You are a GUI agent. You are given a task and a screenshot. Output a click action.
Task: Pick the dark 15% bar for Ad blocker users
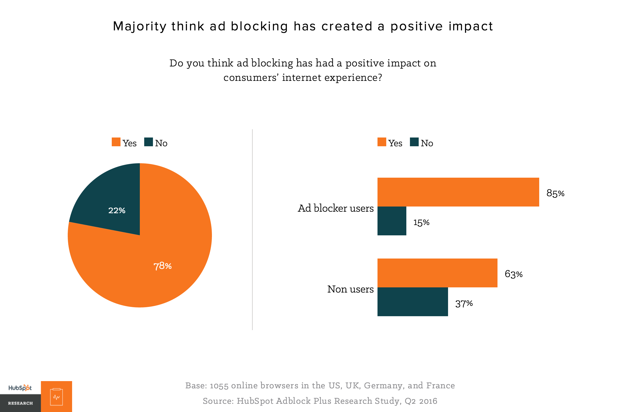[392, 221]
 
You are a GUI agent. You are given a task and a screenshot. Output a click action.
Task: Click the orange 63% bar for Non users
[437, 273]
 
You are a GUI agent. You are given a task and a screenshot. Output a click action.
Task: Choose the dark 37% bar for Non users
[413, 302]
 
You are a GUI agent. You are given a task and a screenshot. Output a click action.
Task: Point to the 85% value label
[555, 193]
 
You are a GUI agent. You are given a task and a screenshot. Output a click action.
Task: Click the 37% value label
[464, 304]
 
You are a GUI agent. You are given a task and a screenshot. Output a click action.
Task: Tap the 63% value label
[513, 274]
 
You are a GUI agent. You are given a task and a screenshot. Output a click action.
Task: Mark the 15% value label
[421, 222]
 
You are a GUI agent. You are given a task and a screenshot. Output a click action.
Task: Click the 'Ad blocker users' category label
[336, 208]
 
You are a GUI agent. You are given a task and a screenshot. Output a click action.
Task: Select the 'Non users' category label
[350, 289]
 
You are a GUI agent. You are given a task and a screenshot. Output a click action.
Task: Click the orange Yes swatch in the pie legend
[116, 142]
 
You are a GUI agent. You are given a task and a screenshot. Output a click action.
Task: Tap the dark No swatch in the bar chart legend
[414, 142]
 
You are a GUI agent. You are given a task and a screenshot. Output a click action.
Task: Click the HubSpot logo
[20, 388]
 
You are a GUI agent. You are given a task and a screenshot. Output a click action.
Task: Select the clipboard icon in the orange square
[56, 397]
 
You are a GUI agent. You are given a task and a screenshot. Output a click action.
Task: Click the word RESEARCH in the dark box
[20, 403]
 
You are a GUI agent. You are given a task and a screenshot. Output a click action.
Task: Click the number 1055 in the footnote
[219, 386]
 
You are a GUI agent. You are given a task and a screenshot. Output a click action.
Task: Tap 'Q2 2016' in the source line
[421, 401]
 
